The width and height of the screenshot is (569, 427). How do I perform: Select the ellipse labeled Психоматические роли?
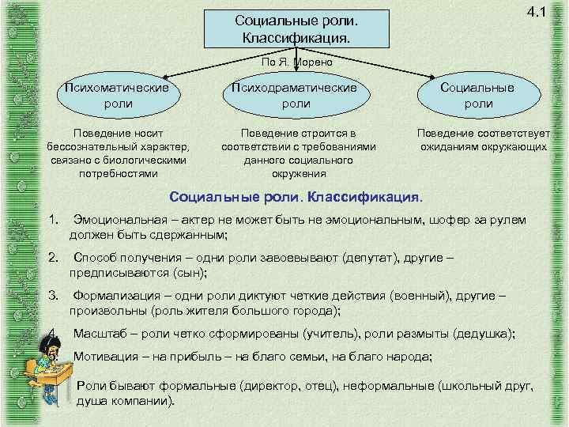click(119, 95)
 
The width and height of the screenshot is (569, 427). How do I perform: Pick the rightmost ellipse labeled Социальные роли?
click(478, 95)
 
